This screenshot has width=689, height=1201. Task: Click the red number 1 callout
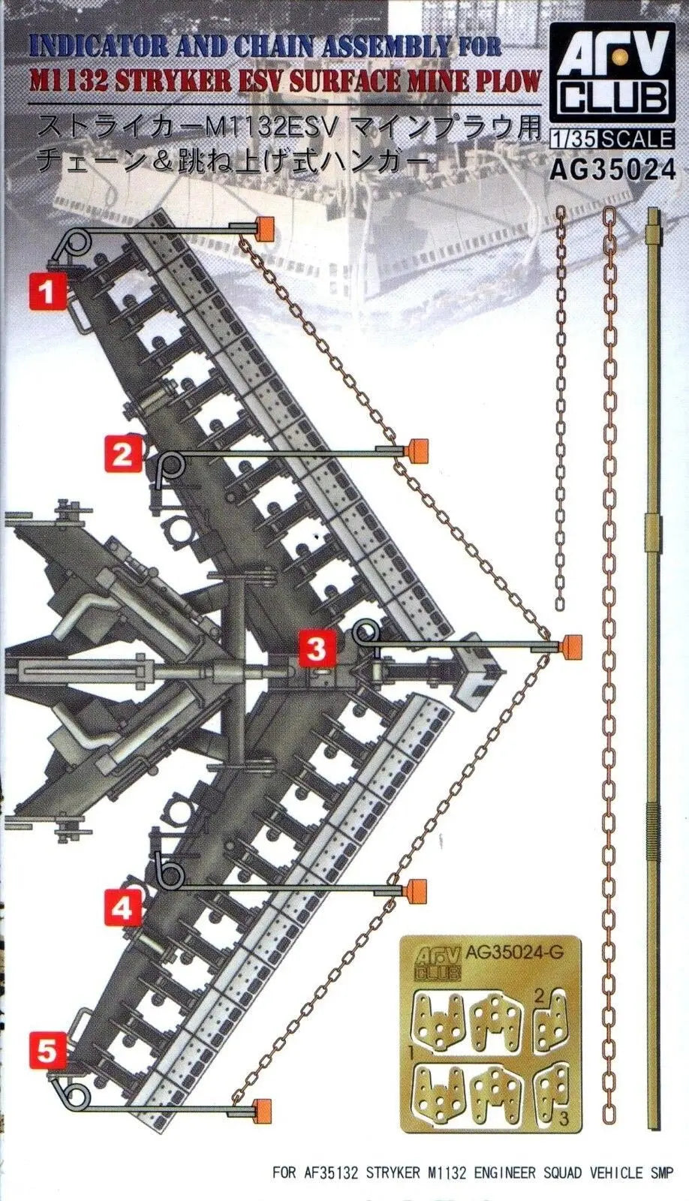[x=47, y=290]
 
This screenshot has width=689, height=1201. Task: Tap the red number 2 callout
[x=123, y=453]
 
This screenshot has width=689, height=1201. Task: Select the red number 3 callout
[x=317, y=648]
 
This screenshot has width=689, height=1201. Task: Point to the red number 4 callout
[x=122, y=909]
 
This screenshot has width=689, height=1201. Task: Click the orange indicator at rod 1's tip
[x=263, y=227]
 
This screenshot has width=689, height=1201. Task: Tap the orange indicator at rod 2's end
[x=417, y=450]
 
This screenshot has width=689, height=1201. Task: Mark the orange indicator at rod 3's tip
[x=572, y=645]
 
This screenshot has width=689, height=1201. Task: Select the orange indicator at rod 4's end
[x=417, y=890]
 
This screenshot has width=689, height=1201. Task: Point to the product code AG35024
[x=612, y=170]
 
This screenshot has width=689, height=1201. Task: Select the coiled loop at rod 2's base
[x=171, y=469]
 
